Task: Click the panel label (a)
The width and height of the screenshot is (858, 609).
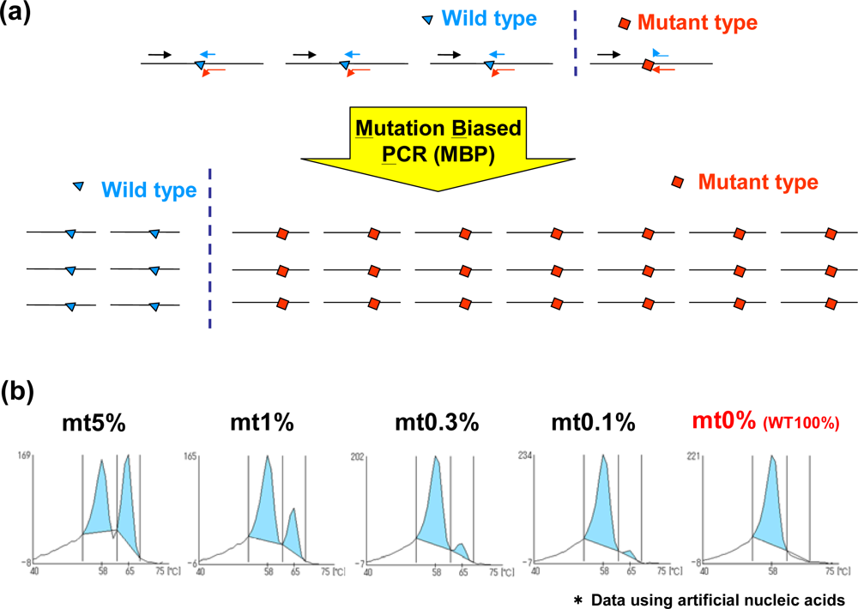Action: pos(16,16)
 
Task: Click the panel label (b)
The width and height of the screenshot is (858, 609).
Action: pos(16,392)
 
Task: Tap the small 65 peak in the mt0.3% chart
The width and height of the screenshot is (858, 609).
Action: pos(462,546)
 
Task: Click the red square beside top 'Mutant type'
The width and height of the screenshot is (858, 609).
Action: pos(625,21)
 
